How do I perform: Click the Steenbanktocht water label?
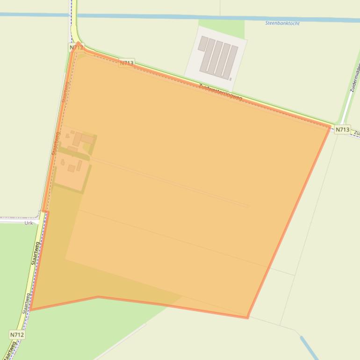tap(282, 23)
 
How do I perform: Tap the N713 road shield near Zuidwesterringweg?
tap(127, 63)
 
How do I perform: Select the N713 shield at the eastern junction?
tap(342, 130)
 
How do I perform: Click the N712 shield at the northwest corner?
tap(76, 48)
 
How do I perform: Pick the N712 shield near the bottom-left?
tap(17, 335)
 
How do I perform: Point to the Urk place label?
tap(29, 223)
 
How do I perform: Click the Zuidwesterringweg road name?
tap(220, 92)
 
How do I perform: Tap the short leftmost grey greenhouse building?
tap(203, 43)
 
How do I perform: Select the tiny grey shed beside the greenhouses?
tap(230, 79)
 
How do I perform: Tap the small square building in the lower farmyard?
tap(71, 168)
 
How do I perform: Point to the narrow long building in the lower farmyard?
tap(79, 166)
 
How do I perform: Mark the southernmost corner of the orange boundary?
tap(247, 318)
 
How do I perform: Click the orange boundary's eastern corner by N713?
tap(331, 126)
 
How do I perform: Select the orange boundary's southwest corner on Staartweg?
tap(30, 310)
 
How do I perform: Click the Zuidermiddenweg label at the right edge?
tap(354, 77)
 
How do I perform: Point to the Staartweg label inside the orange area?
tap(56, 143)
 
